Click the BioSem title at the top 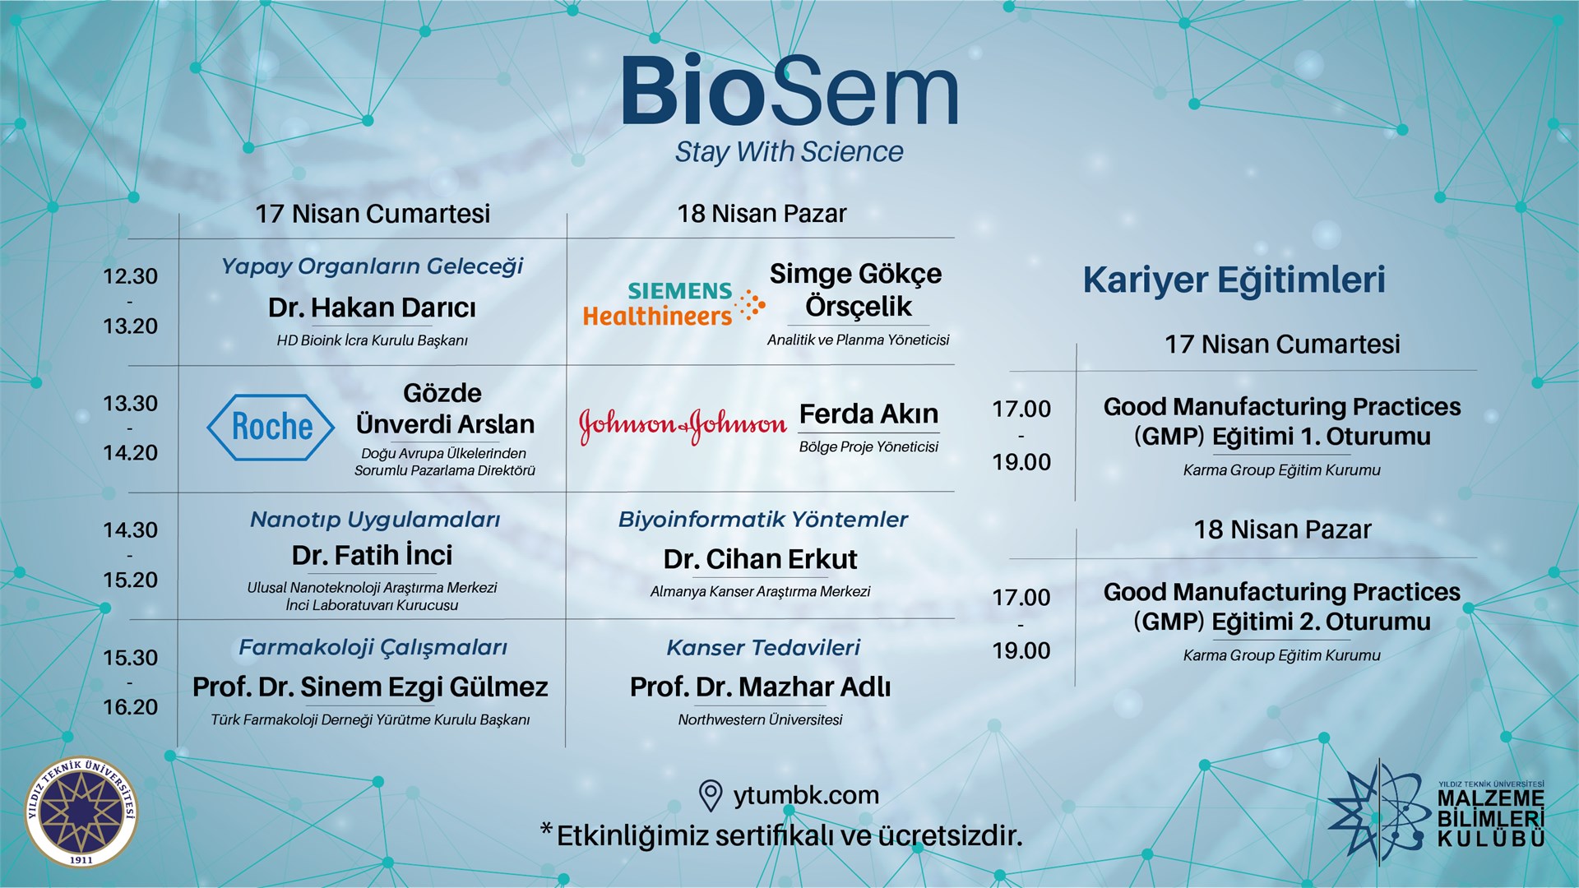789,92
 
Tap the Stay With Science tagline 789,152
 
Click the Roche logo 271,427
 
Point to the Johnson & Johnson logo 683,425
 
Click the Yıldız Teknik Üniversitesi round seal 81,812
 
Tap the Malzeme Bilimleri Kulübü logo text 1490,818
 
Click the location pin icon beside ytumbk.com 710,795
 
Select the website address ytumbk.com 806,795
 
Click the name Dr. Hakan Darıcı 372,308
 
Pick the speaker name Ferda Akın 868,414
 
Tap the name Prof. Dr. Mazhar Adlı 760,687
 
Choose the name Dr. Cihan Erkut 760,559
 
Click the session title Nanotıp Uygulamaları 375,520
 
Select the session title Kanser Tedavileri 763,648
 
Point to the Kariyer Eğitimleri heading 1234,280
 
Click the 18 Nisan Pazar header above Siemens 762,214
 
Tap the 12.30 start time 130,276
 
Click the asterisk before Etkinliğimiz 546,830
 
